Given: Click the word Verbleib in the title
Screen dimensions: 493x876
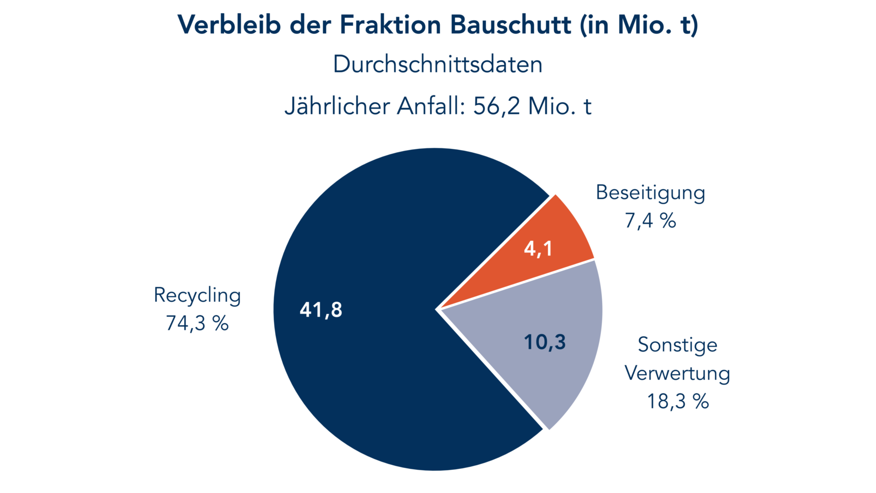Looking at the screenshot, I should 229,25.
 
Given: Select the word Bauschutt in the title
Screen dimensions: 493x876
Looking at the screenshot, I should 510,25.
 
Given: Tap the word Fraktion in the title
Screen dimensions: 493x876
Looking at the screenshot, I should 390,25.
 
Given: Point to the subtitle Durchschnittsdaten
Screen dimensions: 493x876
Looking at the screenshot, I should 438,64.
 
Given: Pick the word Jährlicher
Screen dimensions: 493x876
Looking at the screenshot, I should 337,106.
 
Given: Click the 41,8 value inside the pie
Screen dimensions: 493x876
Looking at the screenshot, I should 321,310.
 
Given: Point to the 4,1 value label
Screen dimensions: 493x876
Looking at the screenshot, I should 538,249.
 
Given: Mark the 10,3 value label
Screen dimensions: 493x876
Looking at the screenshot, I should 545,342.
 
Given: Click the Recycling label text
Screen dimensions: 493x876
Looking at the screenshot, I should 197,295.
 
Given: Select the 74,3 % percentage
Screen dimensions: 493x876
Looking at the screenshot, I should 197,323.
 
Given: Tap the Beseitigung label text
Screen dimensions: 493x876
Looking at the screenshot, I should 650,193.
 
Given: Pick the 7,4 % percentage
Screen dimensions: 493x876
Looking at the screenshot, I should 650,221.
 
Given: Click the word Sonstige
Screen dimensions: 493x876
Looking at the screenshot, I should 678,345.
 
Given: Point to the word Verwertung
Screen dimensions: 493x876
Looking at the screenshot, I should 678,373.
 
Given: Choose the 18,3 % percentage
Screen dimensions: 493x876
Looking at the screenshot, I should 678,402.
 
